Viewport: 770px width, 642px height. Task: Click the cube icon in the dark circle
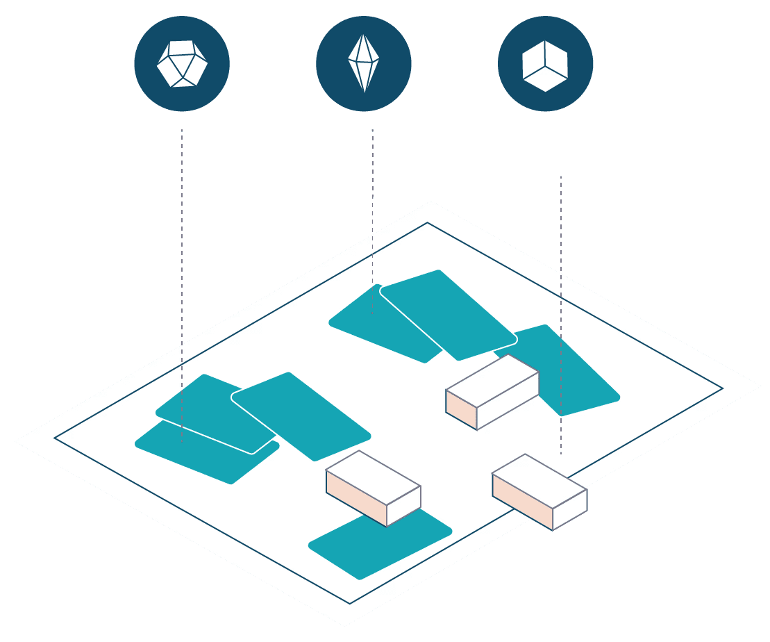click(545, 65)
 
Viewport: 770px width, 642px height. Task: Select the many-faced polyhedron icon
click(182, 64)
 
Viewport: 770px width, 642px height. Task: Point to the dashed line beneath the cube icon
click(561, 278)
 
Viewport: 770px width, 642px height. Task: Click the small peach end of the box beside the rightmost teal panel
click(461, 409)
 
